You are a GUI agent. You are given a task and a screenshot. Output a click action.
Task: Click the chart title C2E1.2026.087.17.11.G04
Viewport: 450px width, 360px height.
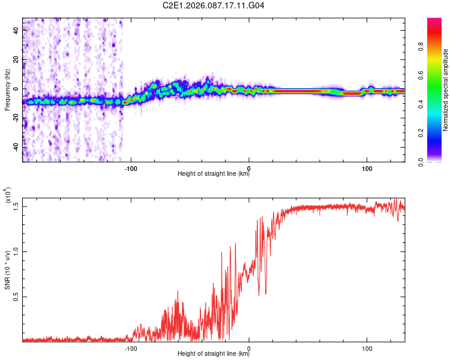(x=214, y=5)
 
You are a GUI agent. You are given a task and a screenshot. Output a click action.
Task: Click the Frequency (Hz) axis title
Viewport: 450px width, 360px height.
(x=7, y=89)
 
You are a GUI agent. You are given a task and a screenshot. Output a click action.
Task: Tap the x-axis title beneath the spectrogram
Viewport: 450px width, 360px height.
(x=214, y=175)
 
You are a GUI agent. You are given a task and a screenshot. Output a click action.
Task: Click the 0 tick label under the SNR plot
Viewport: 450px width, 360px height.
(x=249, y=347)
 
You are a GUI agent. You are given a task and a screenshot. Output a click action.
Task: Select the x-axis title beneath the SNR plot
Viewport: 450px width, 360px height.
(x=214, y=355)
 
